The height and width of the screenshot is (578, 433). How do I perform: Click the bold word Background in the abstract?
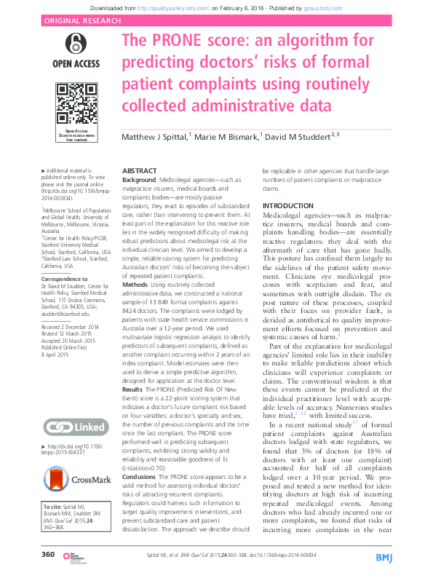(138, 179)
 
